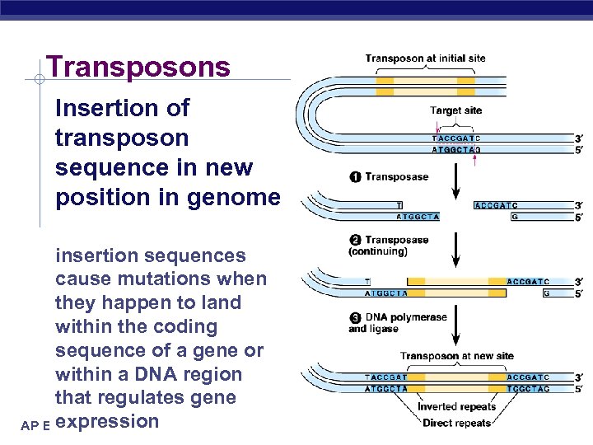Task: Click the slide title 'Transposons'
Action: (x=138, y=67)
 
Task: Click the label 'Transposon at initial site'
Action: (x=426, y=59)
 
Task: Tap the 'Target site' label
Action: (x=455, y=110)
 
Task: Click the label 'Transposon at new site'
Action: (x=457, y=356)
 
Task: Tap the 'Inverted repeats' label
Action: (x=456, y=407)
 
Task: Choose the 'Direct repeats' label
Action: (x=456, y=424)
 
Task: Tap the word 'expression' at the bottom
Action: (x=110, y=421)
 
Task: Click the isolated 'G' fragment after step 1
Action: (x=514, y=217)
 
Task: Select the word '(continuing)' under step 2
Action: (x=377, y=251)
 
